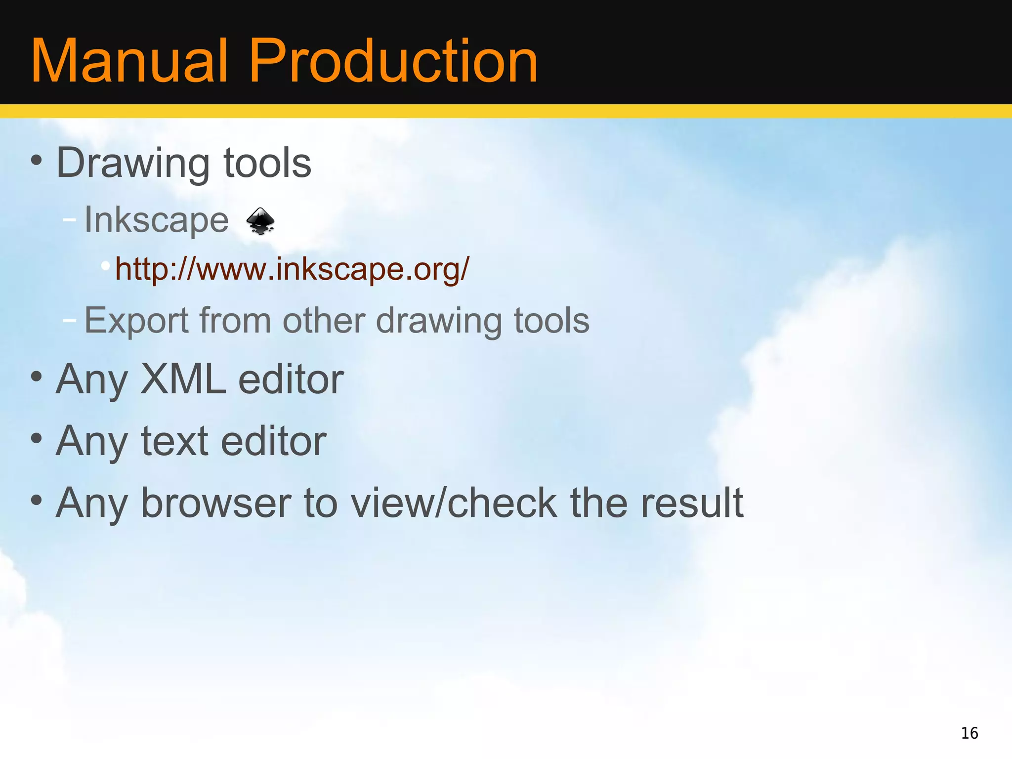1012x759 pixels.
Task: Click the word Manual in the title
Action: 129,61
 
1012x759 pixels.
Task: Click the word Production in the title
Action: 393,61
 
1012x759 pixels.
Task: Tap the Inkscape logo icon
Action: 260,221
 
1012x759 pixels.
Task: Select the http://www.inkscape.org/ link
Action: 292,269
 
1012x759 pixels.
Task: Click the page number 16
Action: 969,733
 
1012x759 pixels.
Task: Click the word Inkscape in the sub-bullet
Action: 156,220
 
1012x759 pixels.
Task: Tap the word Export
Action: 136,322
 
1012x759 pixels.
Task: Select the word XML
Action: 183,379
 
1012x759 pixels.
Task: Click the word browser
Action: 215,503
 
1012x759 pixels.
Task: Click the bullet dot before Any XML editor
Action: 36,377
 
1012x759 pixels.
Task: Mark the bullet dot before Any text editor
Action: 36,438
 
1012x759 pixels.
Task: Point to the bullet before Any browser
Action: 36,500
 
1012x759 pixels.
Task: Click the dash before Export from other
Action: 70,320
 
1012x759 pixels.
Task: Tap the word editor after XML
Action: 291,379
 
